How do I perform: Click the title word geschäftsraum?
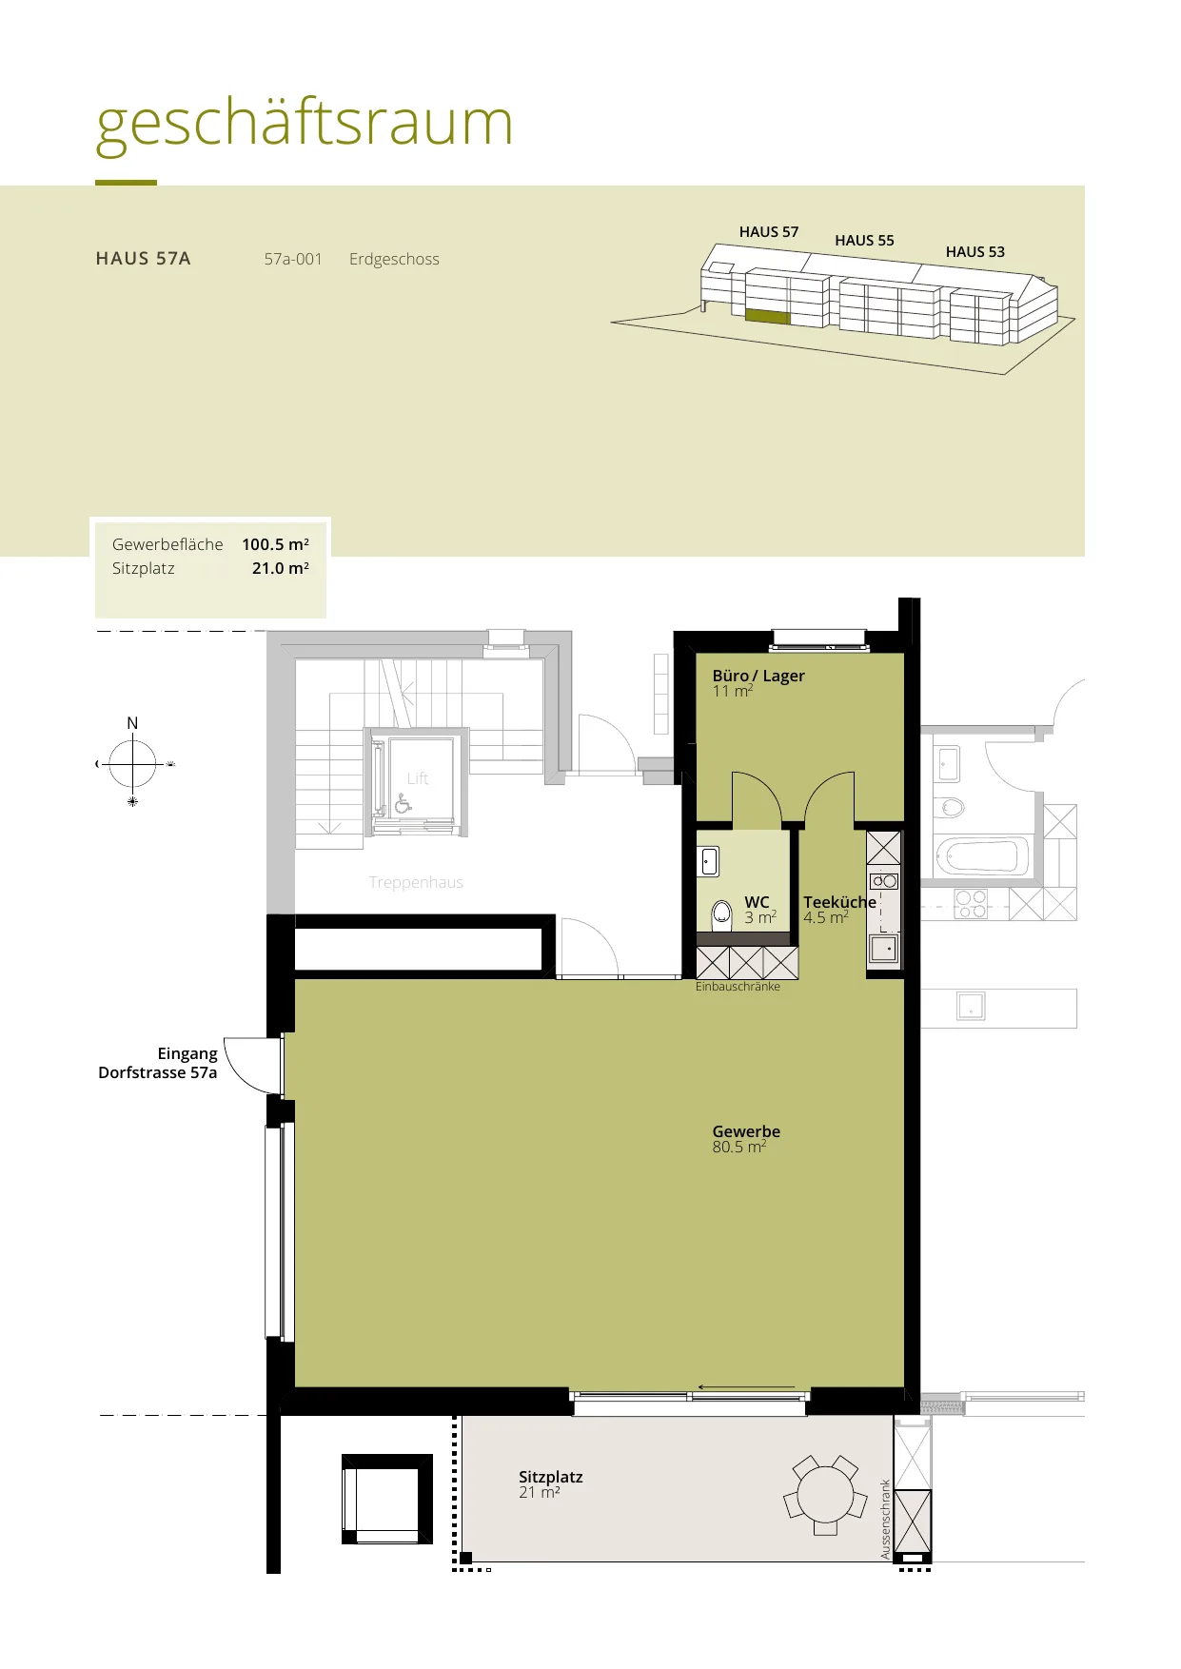click(x=305, y=125)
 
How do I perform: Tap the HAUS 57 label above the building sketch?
click(x=769, y=232)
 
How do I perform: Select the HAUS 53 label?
click(x=974, y=252)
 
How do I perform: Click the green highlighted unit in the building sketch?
click(x=767, y=317)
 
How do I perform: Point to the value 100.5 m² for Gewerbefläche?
click(x=275, y=544)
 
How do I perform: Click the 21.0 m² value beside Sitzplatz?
click(x=281, y=568)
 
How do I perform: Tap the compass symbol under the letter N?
click(x=133, y=764)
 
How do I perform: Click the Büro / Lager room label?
click(x=758, y=676)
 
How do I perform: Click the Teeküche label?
click(x=839, y=902)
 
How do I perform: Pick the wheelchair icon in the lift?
click(x=404, y=804)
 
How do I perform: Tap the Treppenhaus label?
click(x=416, y=882)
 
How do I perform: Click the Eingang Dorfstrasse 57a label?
click(x=158, y=1063)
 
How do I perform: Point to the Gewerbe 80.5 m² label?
click(x=746, y=1139)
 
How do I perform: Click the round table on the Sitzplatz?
click(x=825, y=1494)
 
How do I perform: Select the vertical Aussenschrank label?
click(x=886, y=1519)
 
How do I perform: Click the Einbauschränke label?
click(x=738, y=987)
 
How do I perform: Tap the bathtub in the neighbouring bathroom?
click(x=982, y=856)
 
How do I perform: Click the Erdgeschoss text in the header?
click(x=394, y=259)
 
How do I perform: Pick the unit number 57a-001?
click(x=293, y=259)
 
